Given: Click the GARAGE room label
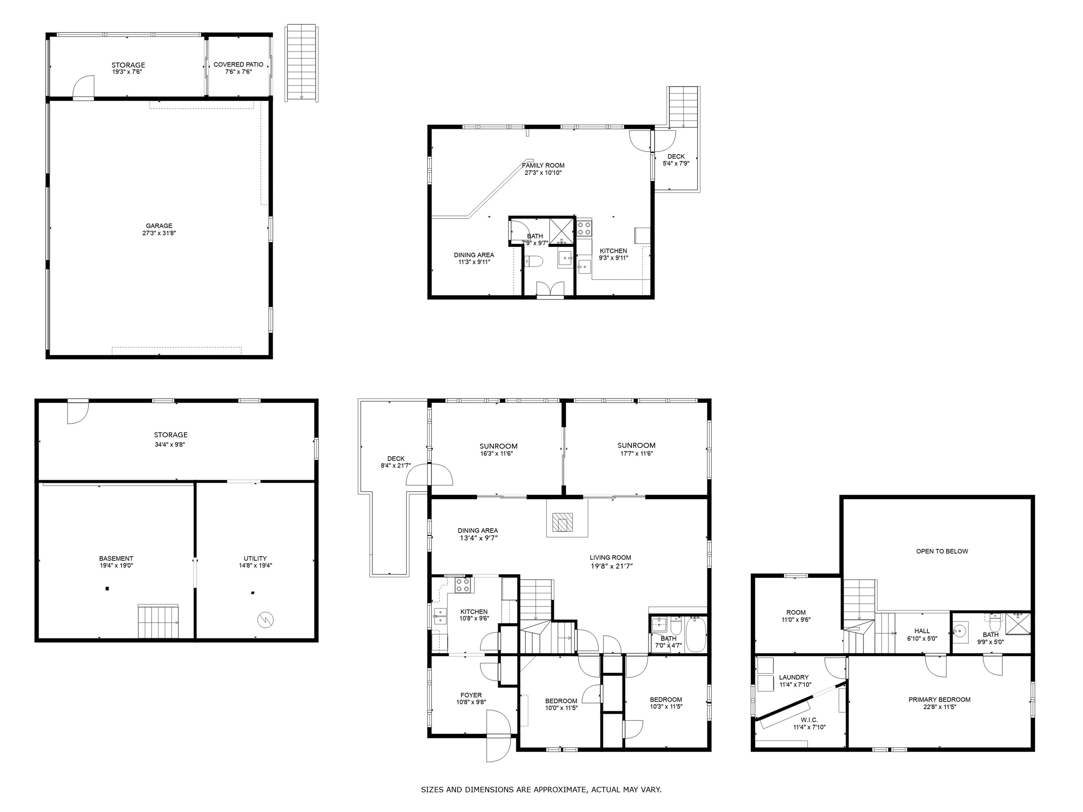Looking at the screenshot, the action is (159, 226).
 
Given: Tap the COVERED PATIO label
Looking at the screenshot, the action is (238, 64).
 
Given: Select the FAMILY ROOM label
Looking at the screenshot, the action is (543, 165).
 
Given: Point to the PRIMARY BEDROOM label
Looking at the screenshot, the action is (940, 700).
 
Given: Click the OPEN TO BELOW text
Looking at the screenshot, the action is (942, 551).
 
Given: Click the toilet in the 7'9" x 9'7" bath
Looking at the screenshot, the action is (533, 261).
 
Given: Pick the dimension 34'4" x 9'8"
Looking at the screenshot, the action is (170, 444).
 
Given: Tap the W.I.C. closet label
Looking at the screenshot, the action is (809, 720).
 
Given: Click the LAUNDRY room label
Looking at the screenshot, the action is (794, 677).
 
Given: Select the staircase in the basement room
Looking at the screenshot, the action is (159, 622).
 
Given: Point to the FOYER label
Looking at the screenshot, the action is (471, 695).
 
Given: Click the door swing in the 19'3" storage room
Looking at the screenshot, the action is (83, 87).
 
